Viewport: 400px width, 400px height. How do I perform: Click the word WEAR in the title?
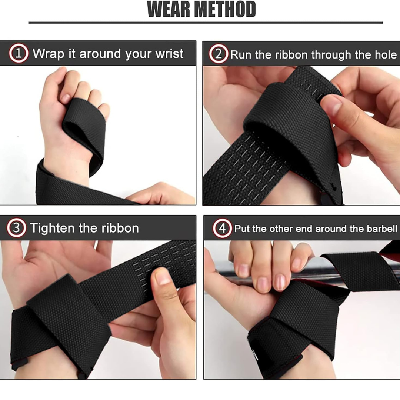[x=169, y=9]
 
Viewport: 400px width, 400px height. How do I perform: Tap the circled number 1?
[x=19, y=53]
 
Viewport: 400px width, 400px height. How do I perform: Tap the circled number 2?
[x=219, y=54]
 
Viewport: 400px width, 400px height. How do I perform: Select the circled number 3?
[x=16, y=227]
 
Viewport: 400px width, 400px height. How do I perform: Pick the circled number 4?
[x=222, y=228]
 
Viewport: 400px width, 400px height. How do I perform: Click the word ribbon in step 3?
[x=120, y=228]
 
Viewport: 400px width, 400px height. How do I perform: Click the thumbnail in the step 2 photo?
[x=331, y=104]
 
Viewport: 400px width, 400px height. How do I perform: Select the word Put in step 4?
[x=242, y=229]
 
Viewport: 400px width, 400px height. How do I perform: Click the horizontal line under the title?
[x=206, y=23]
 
